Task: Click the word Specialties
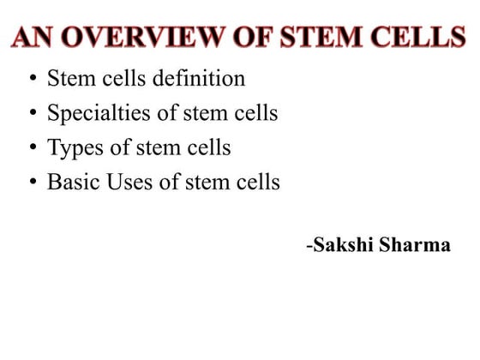click(94, 113)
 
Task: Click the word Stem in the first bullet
click(67, 79)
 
